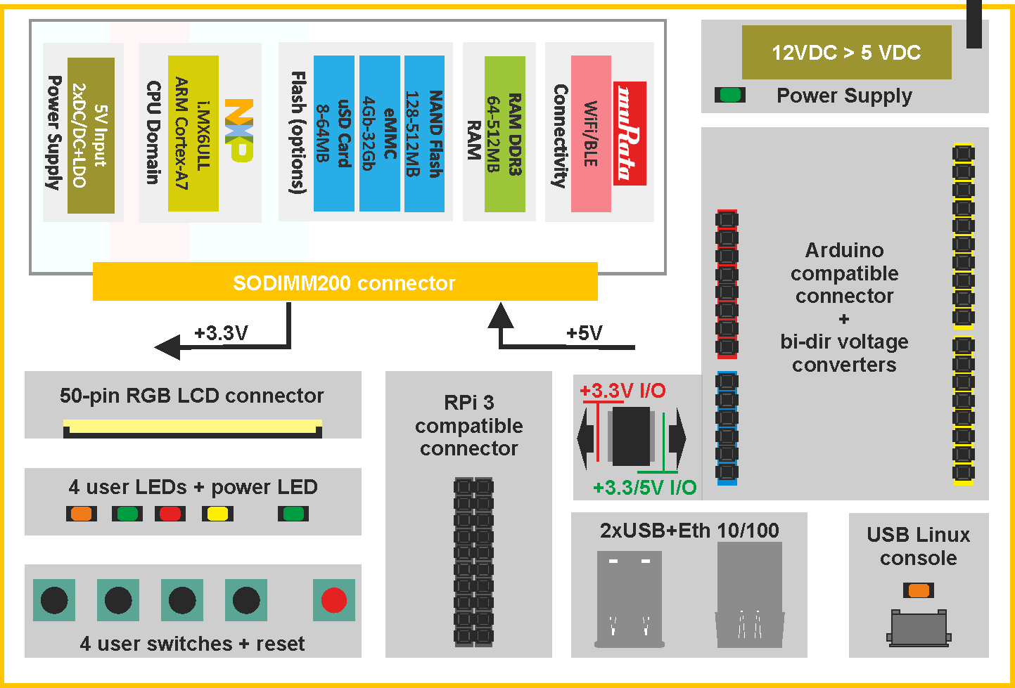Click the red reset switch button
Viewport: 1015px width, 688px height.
click(334, 600)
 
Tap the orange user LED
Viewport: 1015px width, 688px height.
click(82, 514)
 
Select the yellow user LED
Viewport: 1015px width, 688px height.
click(217, 514)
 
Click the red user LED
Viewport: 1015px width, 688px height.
click(170, 514)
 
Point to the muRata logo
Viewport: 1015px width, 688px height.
click(630, 134)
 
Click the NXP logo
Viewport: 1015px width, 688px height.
click(239, 130)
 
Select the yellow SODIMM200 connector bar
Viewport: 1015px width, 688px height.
click(345, 282)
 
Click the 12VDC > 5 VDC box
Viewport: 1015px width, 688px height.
click(846, 52)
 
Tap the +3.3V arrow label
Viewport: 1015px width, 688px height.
click(221, 332)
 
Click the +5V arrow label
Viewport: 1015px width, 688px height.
click(585, 332)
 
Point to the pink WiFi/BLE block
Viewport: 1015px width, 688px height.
click(591, 134)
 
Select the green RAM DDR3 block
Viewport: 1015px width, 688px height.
click(505, 134)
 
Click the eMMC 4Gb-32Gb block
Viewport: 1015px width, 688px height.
click(380, 134)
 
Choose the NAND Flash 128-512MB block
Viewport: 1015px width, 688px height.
click(424, 134)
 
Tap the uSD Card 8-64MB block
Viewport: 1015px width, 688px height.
click(334, 134)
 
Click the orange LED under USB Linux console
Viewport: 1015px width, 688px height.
click(919, 590)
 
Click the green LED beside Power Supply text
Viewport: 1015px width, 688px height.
click(730, 95)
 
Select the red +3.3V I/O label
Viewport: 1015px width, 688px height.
click(623, 390)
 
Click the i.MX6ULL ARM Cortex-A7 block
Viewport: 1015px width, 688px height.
click(193, 134)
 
